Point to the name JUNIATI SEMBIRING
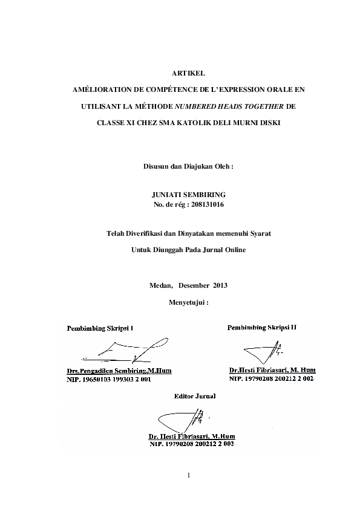(189, 195)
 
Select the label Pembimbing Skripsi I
(100, 328)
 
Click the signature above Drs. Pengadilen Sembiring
(133, 351)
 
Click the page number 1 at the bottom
(189, 475)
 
